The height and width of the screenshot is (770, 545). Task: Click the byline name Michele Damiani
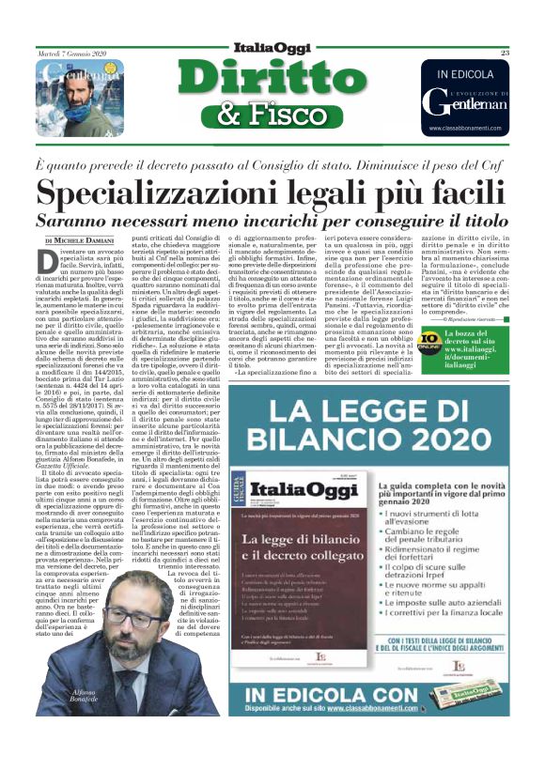[92, 243]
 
